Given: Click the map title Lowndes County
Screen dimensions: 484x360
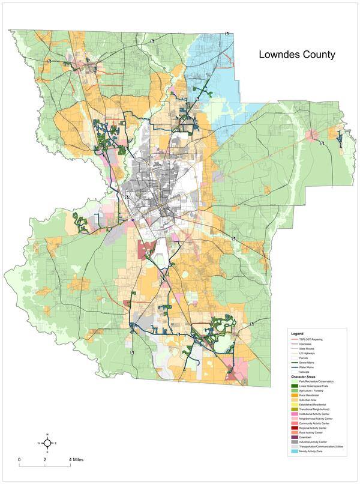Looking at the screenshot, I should [296, 54].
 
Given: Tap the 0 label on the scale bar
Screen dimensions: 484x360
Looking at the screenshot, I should [19, 459].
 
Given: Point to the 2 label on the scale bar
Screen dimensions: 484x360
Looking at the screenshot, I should [45, 459].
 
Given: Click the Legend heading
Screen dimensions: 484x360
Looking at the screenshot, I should [298, 333].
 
